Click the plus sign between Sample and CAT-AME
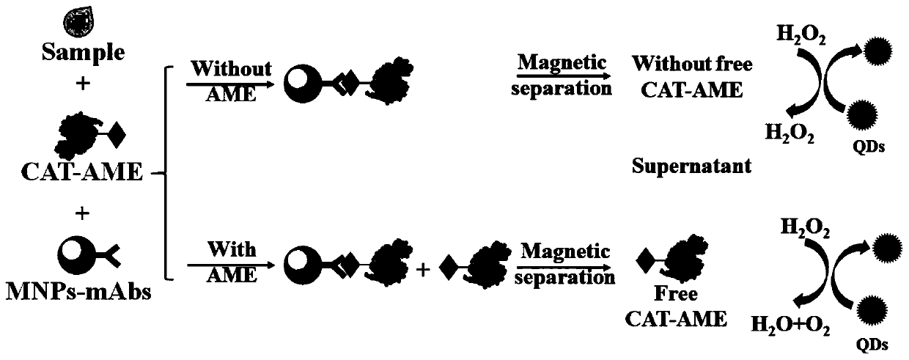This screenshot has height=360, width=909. [x=81, y=86]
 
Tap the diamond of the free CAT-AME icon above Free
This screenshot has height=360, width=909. [x=645, y=259]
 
